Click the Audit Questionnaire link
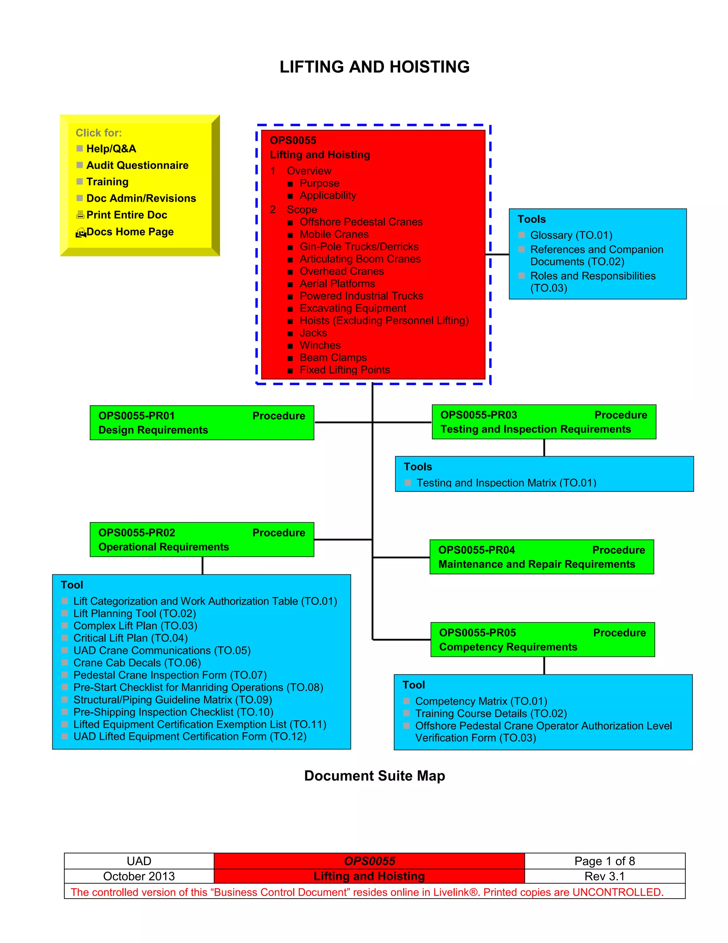(x=137, y=165)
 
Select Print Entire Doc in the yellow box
(x=126, y=215)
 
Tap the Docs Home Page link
(x=130, y=232)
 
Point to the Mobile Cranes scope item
(x=334, y=235)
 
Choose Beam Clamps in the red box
(x=333, y=358)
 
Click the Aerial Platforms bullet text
(x=337, y=284)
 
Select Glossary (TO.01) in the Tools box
(x=571, y=235)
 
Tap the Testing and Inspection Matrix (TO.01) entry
(x=506, y=483)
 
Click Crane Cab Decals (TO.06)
(x=137, y=663)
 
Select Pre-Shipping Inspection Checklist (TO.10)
(x=173, y=712)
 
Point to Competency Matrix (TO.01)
(x=481, y=701)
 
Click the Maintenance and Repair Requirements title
(x=536, y=564)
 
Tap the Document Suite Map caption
(x=374, y=776)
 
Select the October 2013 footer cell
(x=139, y=876)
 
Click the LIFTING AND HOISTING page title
(x=374, y=67)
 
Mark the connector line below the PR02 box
(x=202, y=566)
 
